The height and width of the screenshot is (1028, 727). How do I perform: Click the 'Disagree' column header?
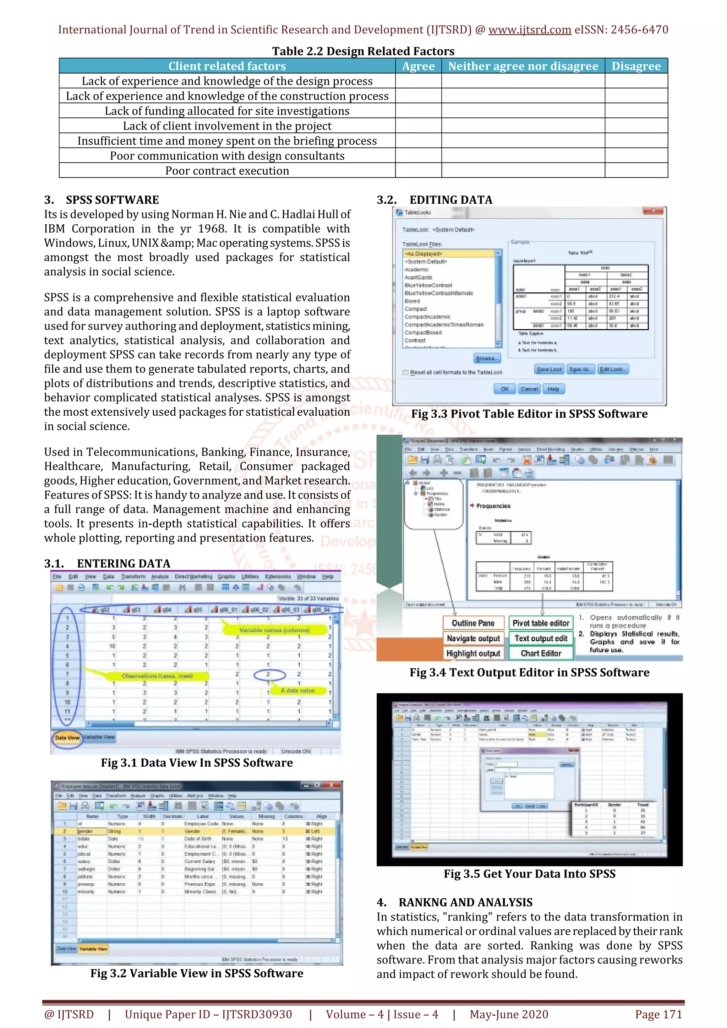[x=636, y=66]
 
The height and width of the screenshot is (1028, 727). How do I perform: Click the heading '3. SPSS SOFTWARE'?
[x=102, y=200]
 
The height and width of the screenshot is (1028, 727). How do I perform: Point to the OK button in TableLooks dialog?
[x=504, y=389]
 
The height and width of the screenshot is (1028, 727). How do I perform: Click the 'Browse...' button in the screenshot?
[x=487, y=358]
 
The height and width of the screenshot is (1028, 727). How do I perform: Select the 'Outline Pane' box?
[x=473, y=623]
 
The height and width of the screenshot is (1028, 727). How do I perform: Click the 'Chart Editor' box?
[x=541, y=653]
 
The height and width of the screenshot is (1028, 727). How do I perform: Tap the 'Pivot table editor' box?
[x=541, y=623]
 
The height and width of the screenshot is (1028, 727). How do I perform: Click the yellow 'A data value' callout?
[x=298, y=690]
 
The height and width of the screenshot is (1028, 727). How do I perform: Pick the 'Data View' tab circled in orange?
[x=67, y=737]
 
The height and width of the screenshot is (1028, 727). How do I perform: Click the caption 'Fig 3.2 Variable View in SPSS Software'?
[x=197, y=973]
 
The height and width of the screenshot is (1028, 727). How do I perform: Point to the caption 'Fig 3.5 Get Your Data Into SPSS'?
[x=529, y=874]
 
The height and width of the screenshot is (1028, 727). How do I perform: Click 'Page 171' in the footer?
[x=658, y=1014]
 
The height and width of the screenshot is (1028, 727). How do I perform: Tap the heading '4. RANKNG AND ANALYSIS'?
[x=455, y=902]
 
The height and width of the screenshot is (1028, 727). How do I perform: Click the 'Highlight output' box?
[x=473, y=653]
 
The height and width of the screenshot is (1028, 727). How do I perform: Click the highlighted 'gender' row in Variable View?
[x=85, y=831]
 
